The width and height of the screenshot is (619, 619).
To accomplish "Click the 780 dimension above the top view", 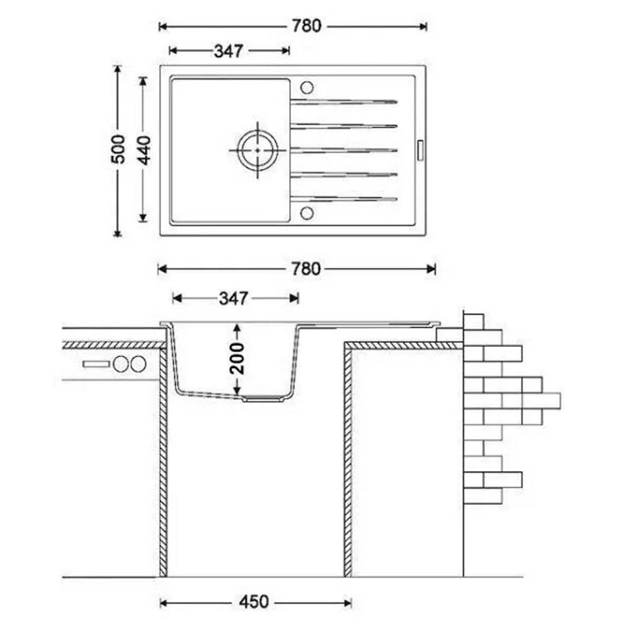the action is coord(306,26).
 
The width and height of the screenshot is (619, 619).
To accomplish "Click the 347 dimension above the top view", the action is coord(229,51).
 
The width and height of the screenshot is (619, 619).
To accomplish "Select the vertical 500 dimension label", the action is coord(118,149).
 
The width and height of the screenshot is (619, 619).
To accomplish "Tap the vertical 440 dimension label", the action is coord(145,150).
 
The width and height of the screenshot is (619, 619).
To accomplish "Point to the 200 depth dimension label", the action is coord(237,358).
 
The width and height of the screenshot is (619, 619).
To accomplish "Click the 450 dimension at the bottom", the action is coord(254,602).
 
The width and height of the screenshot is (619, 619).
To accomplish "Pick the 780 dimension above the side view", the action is coord(306,269).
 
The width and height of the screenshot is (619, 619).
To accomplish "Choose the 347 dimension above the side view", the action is coord(233,298).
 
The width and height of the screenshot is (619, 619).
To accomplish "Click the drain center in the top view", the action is coord(258,150).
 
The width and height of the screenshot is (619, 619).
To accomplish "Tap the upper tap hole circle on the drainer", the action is coord(307,87).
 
